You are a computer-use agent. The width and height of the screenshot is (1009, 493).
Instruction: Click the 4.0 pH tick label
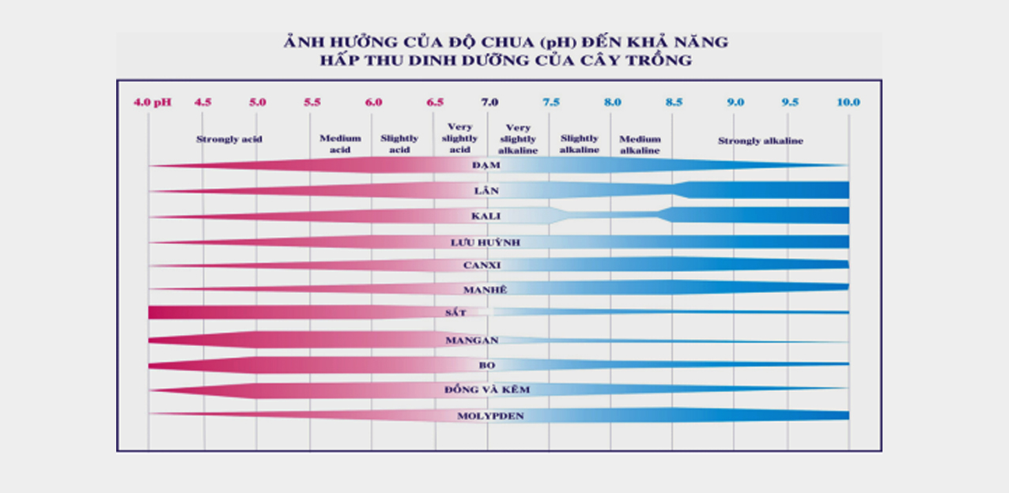coord(152,102)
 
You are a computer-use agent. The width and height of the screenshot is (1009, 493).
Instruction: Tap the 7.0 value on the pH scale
coord(489,102)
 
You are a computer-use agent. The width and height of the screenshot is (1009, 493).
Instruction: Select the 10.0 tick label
coord(848,102)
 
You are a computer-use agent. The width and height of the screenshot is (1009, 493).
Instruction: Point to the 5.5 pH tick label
coord(312,102)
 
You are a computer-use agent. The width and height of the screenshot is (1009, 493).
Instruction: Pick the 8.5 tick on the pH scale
coord(674,102)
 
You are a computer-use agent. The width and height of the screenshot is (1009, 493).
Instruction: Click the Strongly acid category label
coord(229,140)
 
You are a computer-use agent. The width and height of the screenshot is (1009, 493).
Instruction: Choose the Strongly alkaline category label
coord(760,141)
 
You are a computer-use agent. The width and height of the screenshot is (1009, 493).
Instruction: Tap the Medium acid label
coord(340,144)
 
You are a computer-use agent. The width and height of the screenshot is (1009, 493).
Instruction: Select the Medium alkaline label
coord(640,145)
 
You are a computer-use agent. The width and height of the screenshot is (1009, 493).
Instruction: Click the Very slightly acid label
coord(459,138)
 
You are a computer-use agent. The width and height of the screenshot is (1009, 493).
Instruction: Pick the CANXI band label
coord(482,265)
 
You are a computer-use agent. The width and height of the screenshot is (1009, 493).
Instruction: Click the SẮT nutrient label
coord(455,313)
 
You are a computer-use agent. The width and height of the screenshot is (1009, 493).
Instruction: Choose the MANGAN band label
coord(471,340)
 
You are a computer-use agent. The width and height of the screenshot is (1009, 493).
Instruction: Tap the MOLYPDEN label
coord(490,416)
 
